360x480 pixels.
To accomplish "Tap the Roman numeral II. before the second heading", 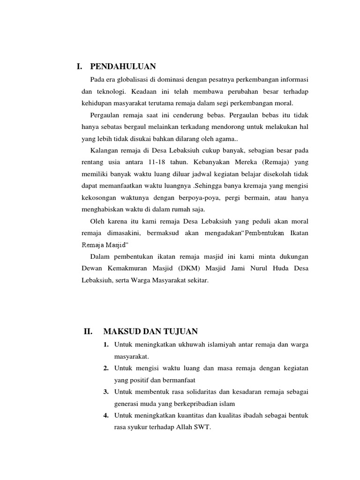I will [88, 332].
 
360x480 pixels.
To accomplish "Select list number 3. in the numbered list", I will [107, 392].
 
